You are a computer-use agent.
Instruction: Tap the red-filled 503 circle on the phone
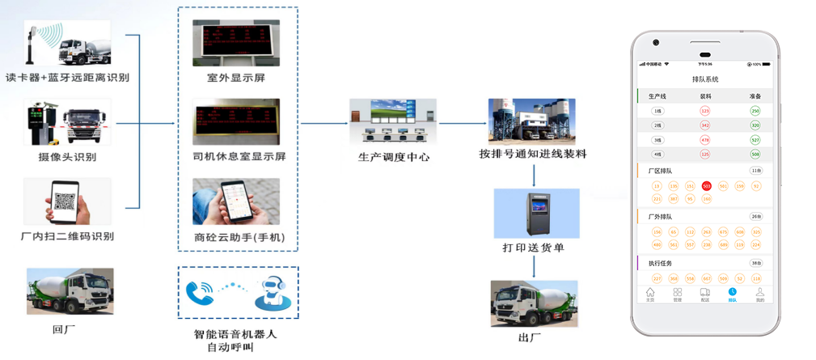coord(707,186)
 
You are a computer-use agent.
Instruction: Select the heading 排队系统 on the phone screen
coord(705,79)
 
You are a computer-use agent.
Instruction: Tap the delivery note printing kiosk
coord(536,212)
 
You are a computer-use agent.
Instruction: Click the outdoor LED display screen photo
coord(236,43)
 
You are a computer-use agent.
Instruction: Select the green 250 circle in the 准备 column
coord(755,111)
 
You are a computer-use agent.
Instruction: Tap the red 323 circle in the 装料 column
coord(705,111)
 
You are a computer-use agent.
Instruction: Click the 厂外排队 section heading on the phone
coord(661,217)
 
